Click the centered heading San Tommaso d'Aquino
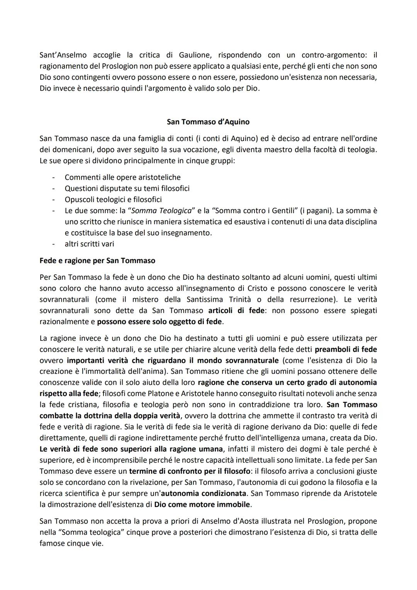pos(208,122)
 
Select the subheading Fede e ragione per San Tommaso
pos(97,261)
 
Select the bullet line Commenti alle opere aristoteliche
pos(122,177)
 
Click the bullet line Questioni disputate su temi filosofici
pos(127,189)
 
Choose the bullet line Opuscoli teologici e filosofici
pos(113,200)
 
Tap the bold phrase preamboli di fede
pos(346,350)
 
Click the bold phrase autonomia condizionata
pos(203,494)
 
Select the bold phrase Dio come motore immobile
pos(202,505)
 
